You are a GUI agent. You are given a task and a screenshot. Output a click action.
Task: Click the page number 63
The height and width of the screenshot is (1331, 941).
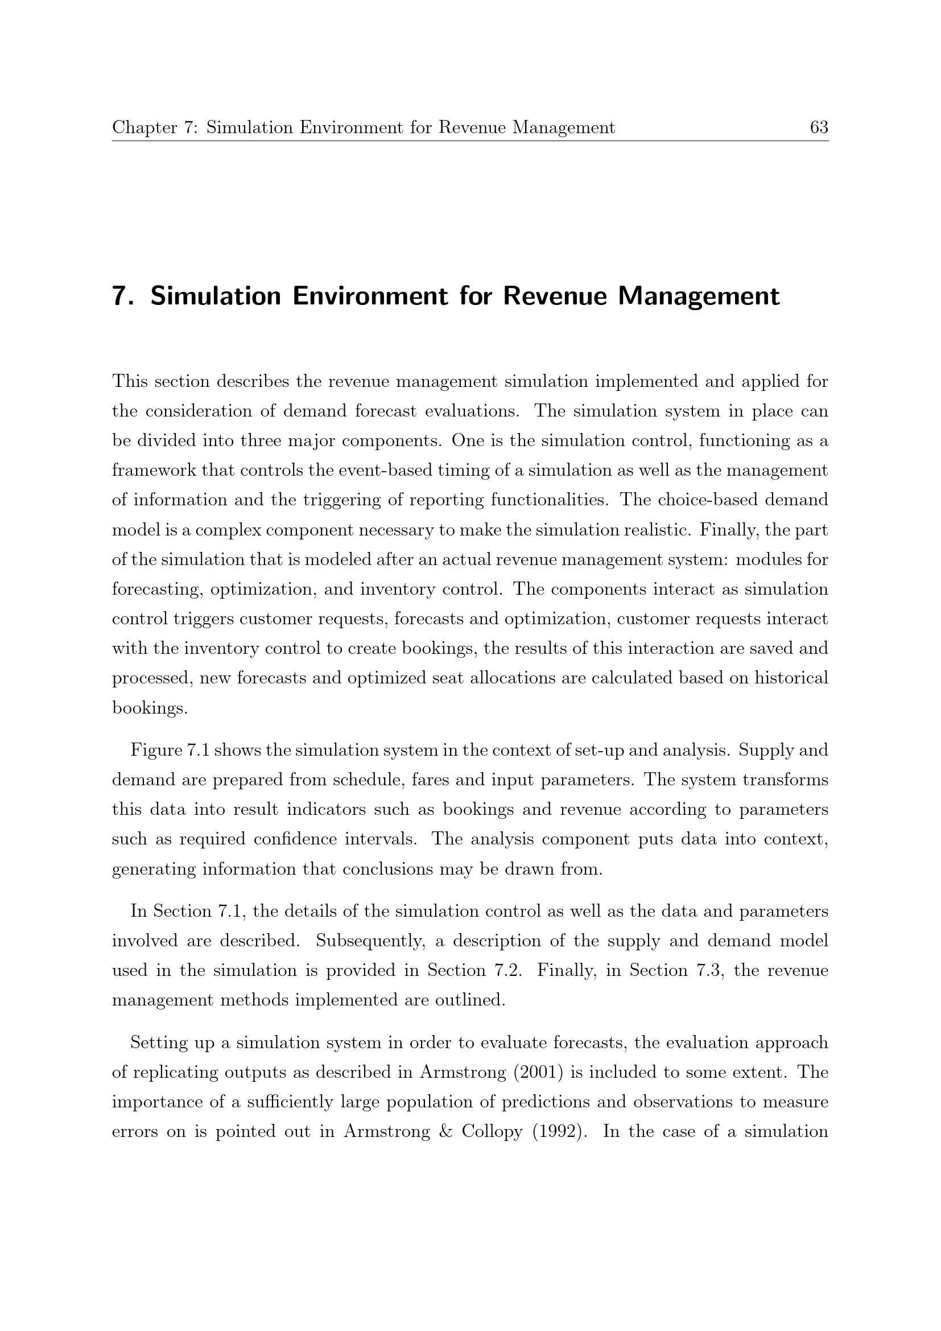point(819,127)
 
